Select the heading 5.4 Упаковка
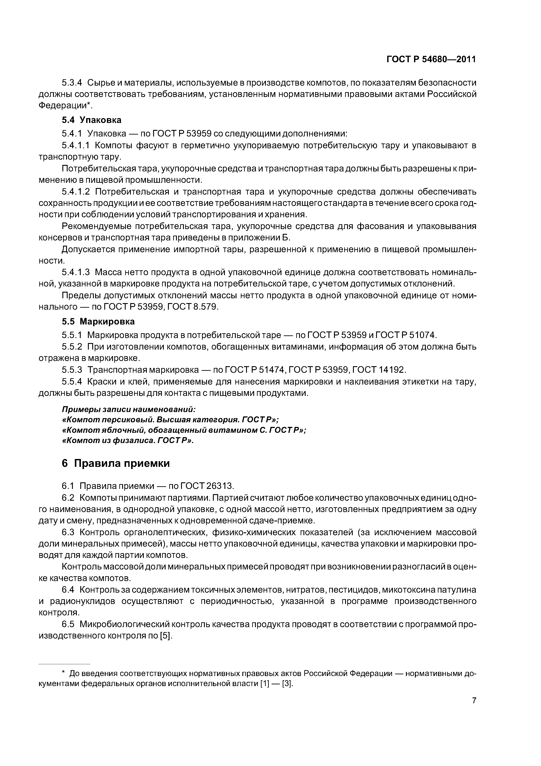(x=92, y=120)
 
